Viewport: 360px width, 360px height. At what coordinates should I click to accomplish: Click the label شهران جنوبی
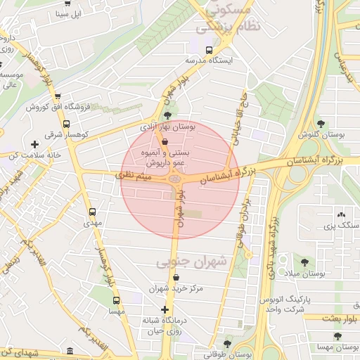tap(193, 262)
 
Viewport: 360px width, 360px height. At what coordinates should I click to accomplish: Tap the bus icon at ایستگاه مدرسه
tap(209, 50)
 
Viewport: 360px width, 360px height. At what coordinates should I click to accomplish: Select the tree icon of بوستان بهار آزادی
tap(167, 116)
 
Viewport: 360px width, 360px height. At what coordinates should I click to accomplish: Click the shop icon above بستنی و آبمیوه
tap(165, 141)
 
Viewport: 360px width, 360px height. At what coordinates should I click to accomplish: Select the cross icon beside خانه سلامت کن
tap(34, 144)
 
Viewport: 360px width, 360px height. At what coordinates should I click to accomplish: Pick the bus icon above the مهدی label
tap(92, 211)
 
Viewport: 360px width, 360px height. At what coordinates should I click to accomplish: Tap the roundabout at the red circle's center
tap(175, 180)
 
